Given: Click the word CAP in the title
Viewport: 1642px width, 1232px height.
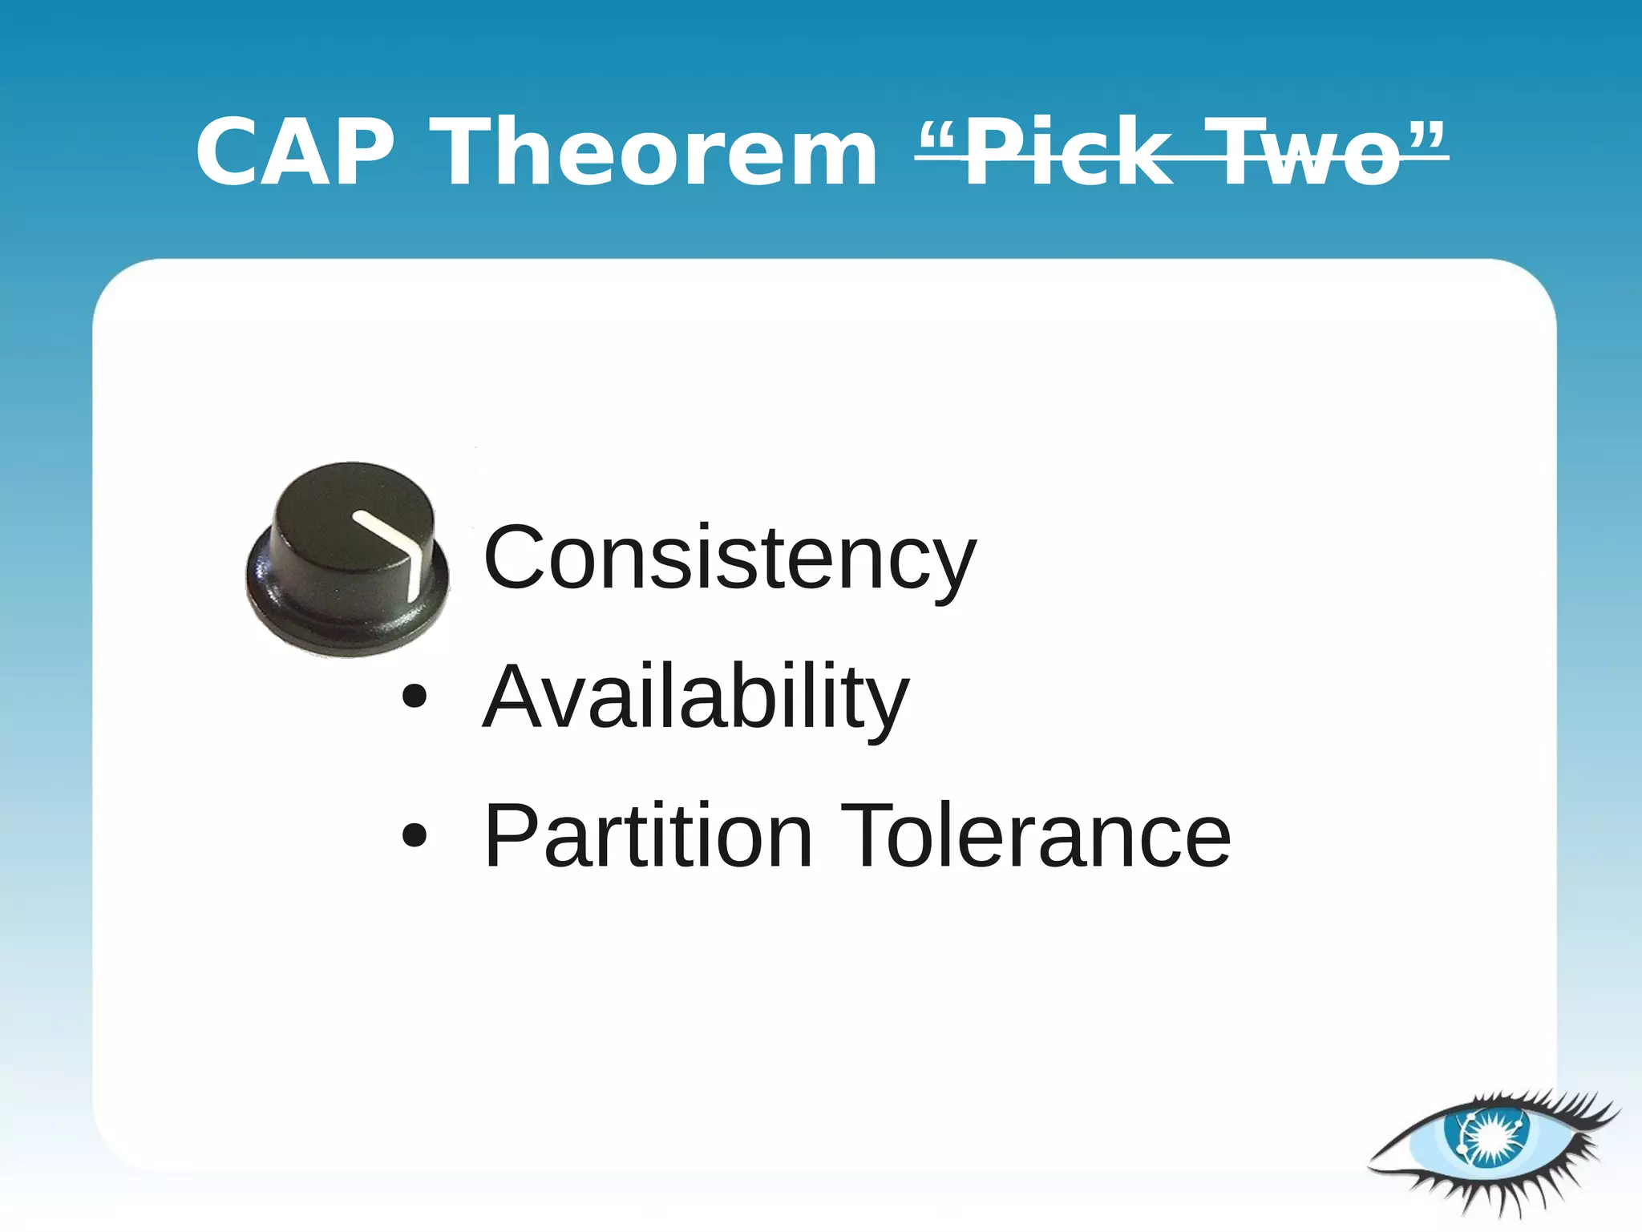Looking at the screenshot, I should click(x=295, y=152).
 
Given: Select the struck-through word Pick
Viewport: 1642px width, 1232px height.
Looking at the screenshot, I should click(x=1066, y=152).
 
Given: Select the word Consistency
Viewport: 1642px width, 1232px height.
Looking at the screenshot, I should click(x=730, y=558).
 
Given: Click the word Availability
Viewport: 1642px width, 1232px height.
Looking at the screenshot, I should click(x=695, y=697).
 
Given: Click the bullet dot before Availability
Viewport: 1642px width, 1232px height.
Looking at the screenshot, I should click(x=415, y=697).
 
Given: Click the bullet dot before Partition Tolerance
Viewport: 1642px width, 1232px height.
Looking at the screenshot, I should click(x=415, y=836).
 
